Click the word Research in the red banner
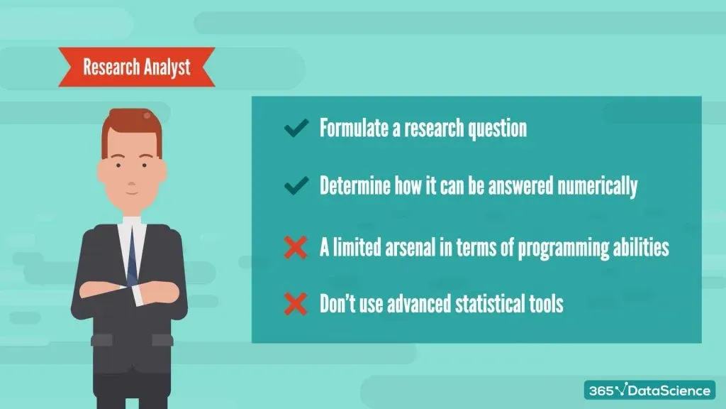(x=111, y=67)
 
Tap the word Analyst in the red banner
(x=167, y=67)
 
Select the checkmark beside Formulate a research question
(x=296, y=128)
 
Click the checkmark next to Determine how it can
(x=296, y=185)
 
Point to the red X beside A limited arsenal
(x=296, y=247)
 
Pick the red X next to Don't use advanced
(x=296, y=304)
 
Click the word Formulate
(x=354, y=128)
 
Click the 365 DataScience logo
(x=649, y=390)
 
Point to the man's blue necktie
(x=132, y=255)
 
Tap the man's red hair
(x=132, y=129)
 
